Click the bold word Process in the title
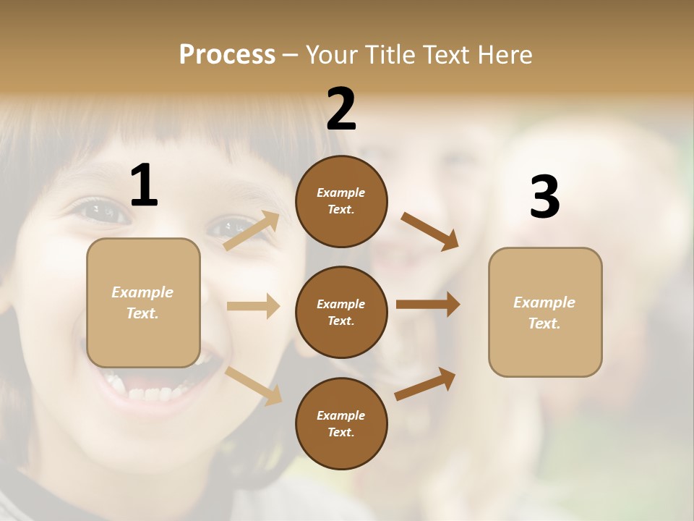point(227,54)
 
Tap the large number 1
point(144,185)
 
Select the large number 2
point(341,109)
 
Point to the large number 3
point(544,197)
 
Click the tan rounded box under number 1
point(143,302)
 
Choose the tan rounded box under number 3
point(545,312)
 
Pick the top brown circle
point(341,201)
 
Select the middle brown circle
point(341,312)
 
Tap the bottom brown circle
point(341,423)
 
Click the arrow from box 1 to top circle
point(252,231)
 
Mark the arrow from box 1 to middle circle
point(253,306)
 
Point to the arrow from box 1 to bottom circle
point(253,386)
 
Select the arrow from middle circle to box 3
point(428,304)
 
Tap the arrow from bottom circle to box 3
point(425,384)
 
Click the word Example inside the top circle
point(341,192)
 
